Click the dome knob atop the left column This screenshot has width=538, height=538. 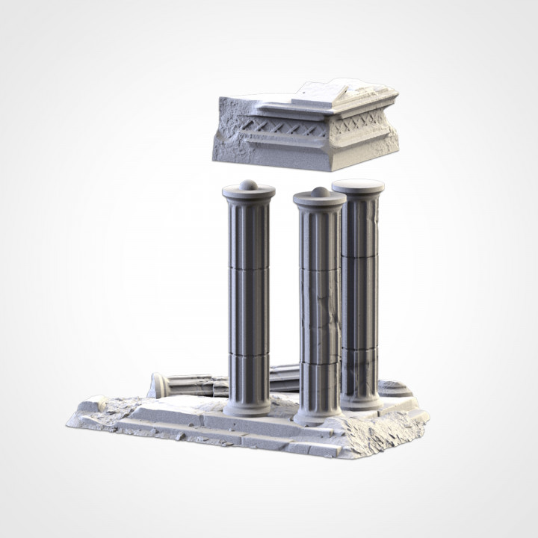coord(249,185)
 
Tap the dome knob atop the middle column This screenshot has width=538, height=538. coord(320,193)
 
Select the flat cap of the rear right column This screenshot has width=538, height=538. coord(358,186)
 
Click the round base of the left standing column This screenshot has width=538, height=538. coord(247,407)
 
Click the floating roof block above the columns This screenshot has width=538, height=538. coord(306,127)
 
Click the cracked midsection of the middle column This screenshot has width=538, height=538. coord(319,314)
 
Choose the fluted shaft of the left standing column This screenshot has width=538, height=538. coord(247,299)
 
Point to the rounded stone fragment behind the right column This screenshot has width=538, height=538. coord(395,389)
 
